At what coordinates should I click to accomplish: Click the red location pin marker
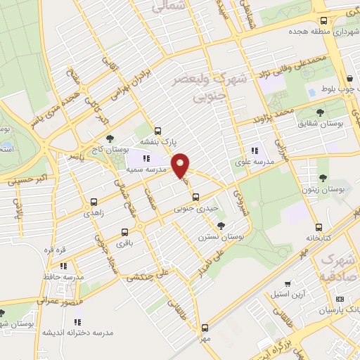pyautogui.click(x=181, y=165)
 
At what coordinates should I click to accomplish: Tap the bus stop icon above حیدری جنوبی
pyautogui.click(x=196, y=198)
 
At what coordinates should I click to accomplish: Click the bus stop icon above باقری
pyautogui.click(x=125, y=232)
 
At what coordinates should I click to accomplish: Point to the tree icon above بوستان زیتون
pyautogui.click(x=324, y=179)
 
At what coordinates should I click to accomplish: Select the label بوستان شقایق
pyautogui.click(x=323, y=124)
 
